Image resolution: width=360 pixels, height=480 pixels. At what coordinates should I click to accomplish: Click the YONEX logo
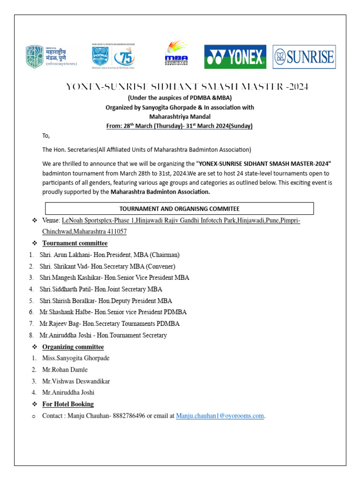pyautogui.click(x=235, y=57)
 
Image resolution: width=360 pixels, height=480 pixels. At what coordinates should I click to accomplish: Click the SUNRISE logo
pyautogui.click(x=304, y=57)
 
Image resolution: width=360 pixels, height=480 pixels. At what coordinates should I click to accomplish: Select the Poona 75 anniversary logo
pyautogui.click(x=113, y=55)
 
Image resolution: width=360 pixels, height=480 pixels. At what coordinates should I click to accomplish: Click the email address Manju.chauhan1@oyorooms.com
pyautogui.click(x=220, y=416)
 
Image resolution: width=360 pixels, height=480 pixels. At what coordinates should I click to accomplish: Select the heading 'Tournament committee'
pyautogui.click(x=75, y=243)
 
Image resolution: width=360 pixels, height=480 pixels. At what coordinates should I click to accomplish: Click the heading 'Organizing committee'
pyautogui.click(x=73, y=347)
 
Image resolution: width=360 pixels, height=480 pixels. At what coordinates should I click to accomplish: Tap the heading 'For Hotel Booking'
pyautogui.click(x=68, y=404)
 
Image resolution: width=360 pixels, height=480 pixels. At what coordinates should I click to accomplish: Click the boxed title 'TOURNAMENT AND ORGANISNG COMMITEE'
pyautogui.click(x=179, y=209)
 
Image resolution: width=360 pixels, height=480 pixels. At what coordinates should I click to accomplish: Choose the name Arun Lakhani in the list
pyautogui.click(x=70, y=255)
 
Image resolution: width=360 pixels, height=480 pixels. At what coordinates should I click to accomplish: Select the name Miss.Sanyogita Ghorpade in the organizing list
pyautogui.click(x=76, y=359)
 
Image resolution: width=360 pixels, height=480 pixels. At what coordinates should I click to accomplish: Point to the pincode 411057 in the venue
pyautogui.click(x=115, y=232)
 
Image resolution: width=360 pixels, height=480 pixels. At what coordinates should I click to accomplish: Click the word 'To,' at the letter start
pyautogui.click(x=46, y=136)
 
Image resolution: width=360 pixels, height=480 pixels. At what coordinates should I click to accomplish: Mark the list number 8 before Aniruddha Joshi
pyautogui.click(x=31, y=336)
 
